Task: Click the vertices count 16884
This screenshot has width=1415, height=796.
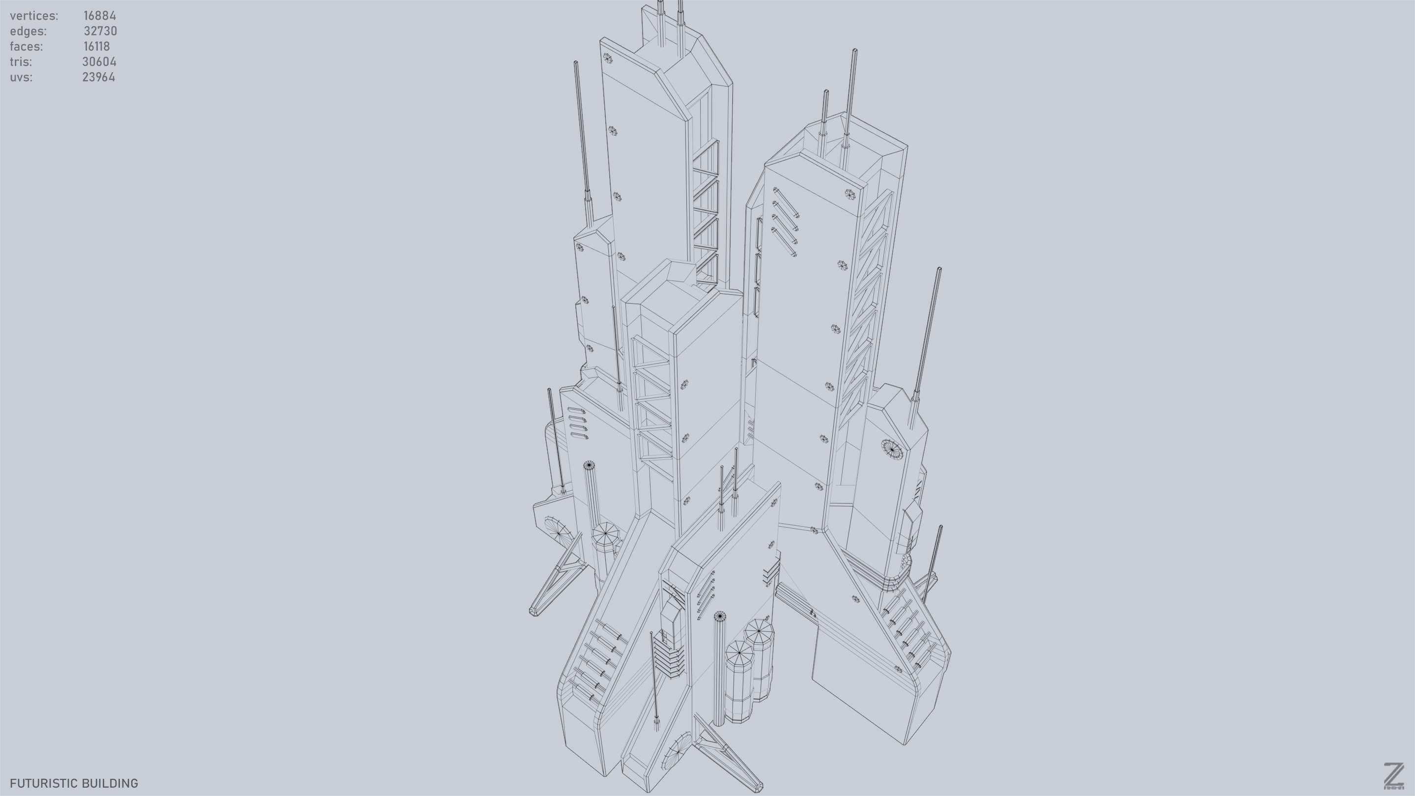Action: click(x=99, y=16)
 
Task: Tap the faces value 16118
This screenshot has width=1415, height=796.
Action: click(x=97, y=47)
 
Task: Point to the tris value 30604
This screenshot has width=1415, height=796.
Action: click(x=99, y=62)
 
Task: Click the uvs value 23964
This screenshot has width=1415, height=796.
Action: click(x=98, y=78)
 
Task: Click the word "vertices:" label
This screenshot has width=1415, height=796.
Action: click(x=34, y=16)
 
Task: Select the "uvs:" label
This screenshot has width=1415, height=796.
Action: click(x=21, y=78)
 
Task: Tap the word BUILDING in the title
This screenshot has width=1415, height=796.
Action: click(x=113, y=783)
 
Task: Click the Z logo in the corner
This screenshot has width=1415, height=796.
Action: click(x=1393, y=776)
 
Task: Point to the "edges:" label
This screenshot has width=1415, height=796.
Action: click(x=28, y=31)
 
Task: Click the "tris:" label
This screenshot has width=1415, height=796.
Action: click(x=21, y=62)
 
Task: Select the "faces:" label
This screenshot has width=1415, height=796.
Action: click(x=27, y=47)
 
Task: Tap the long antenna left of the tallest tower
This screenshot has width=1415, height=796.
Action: click(x=582, y=138)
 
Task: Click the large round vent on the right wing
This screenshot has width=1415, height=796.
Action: click(x=892, y=449)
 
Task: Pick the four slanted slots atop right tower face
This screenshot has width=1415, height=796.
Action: click(x=785, y=222)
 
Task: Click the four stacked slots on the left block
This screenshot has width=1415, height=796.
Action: click(x=578, y=423)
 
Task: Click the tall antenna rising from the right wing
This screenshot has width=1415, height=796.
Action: click(x=927, y=341)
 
